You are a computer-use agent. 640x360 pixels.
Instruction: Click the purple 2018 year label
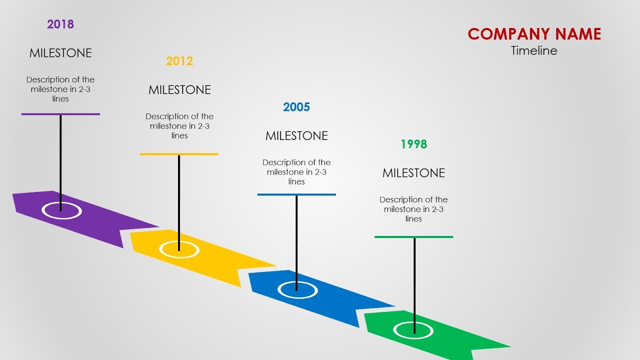pos(60,24)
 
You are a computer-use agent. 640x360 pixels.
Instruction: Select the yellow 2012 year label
pos(179,61)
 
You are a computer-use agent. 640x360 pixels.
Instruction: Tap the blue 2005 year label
pos(296,107)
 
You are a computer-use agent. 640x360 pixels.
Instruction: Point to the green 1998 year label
pos(413,144)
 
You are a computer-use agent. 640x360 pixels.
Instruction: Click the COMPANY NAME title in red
pos(534,34)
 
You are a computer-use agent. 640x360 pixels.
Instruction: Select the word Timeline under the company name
pos(534,50)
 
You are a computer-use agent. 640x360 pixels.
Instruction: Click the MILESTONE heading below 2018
pos(60,53)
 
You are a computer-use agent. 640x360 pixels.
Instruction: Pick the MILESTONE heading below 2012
pos(179,90)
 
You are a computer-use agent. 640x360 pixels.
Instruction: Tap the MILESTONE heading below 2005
pos(296,136)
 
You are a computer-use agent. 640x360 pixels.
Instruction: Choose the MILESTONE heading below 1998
pos(413,173)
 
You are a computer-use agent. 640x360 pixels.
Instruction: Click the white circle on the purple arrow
pos(61,210)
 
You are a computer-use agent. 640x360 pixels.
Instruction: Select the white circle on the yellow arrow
pos(179,248)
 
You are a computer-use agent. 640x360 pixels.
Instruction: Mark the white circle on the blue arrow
pos(297,289)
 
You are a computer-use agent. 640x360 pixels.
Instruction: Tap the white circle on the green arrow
pos(413,330)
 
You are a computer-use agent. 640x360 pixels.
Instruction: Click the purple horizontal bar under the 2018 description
pos(60,114)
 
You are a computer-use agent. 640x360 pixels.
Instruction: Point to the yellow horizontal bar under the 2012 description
pos(179,154)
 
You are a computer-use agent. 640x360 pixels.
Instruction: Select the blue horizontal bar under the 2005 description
pos(296,194)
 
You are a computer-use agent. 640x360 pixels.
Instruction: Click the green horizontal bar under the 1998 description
pos(413,237)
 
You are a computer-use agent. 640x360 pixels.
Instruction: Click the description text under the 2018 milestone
pos(60,89)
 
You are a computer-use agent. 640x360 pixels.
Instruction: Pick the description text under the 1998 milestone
pos(413,209)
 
